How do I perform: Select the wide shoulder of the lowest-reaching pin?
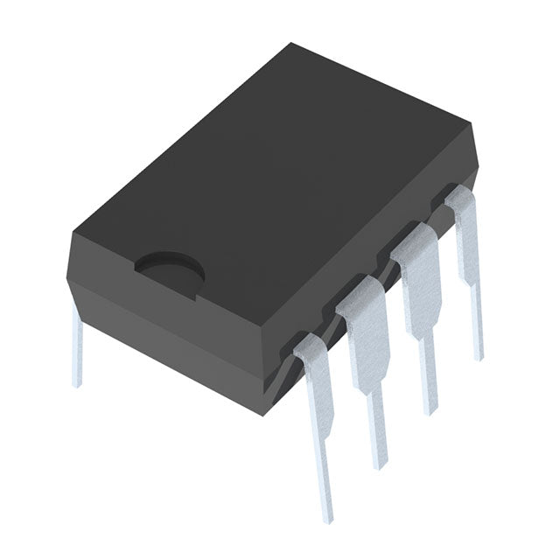tap(315, 367)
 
